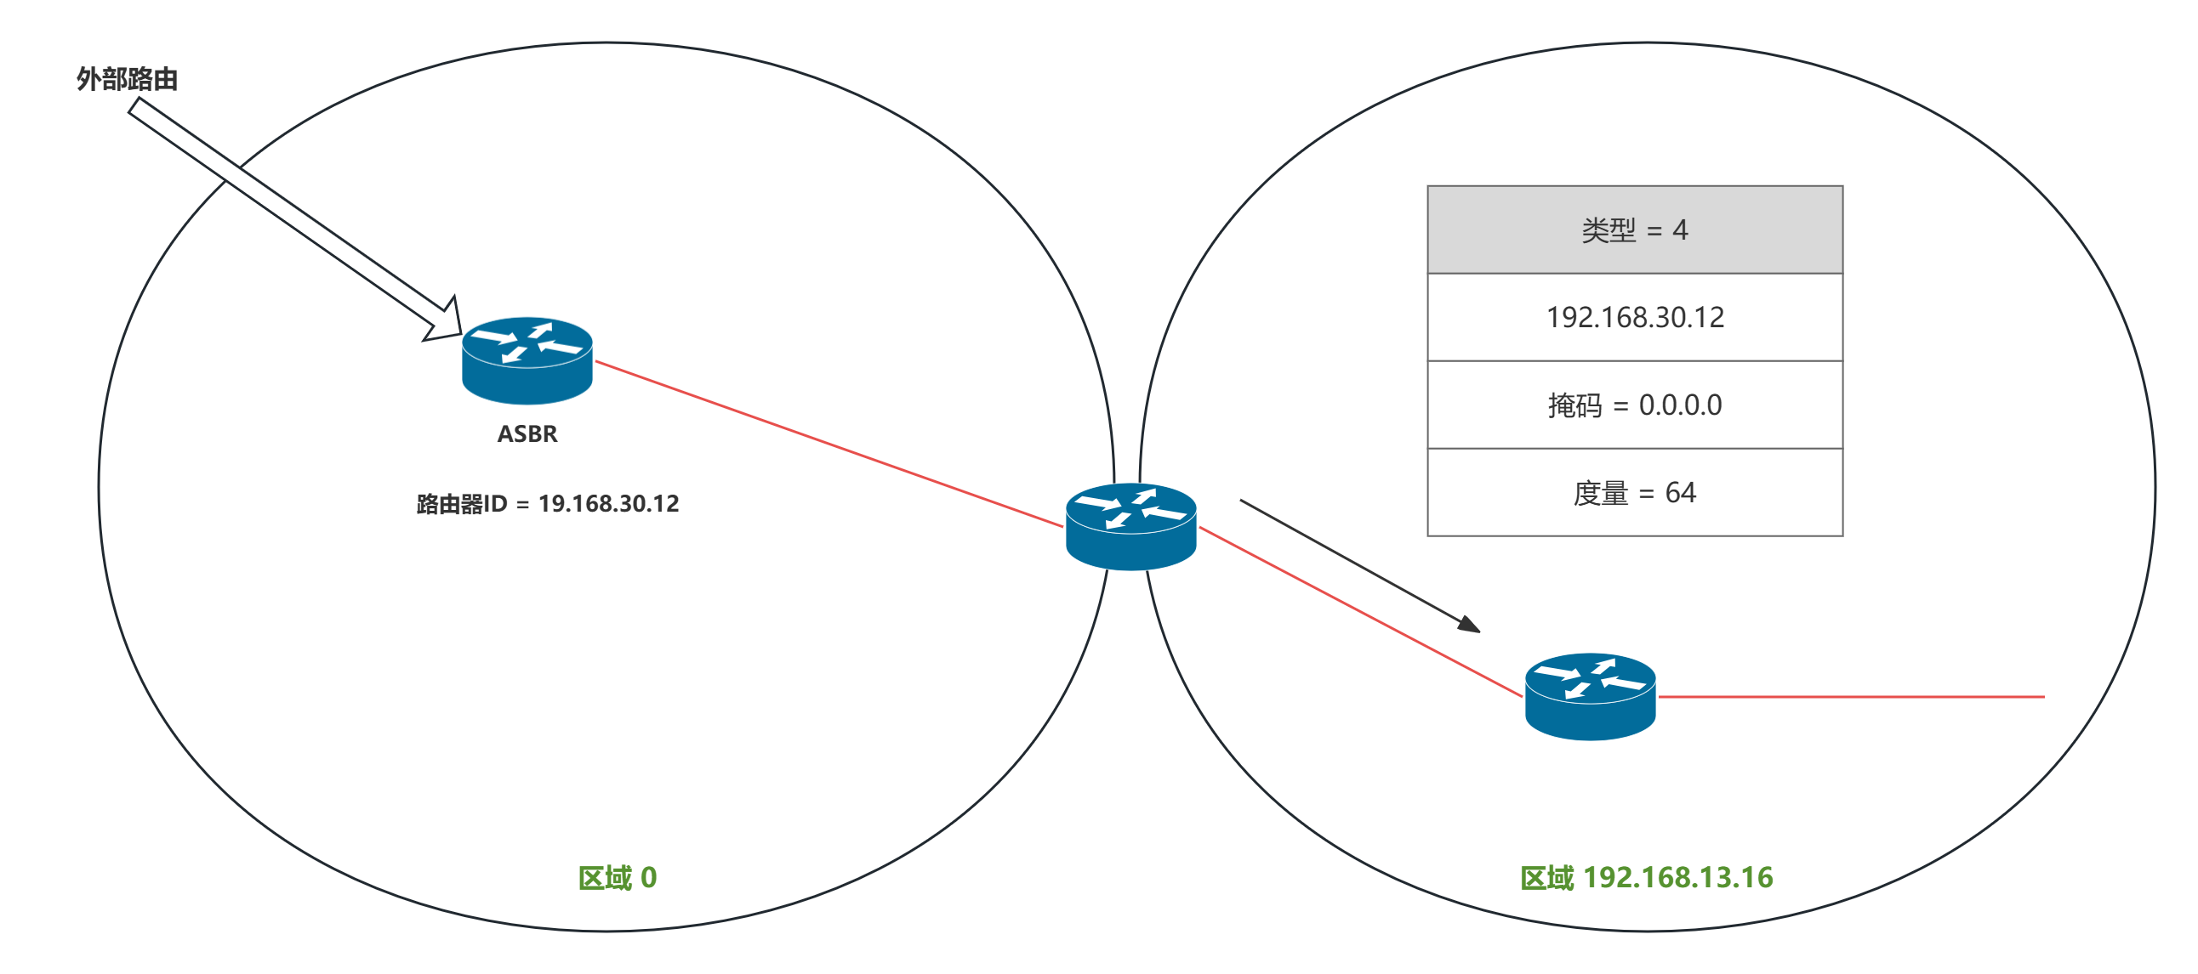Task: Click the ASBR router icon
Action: coord(527,360)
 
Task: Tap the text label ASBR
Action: coord(527,434)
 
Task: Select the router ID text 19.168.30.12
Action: coord(608,504)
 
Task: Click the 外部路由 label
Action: coord(126,79)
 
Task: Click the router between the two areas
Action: coord(1130,525)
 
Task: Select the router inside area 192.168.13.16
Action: coord(1590,696)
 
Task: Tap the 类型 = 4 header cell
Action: coord(1635,230)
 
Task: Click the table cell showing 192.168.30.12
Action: coord(1635,318)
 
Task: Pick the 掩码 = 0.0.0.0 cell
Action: coord(1635,405)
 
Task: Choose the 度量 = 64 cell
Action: coord(1635,493)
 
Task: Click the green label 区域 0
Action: coord(617,878)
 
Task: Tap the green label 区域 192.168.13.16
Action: coord(1646,878)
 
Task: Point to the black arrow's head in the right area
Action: coord(1470,626)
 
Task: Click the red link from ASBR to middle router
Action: coord(828,444)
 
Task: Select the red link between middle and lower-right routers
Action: coord(1361,612)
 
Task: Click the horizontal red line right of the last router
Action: coord(1852,697)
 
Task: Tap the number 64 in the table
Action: coord(1680,493)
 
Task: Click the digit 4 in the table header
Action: coord(1680,230)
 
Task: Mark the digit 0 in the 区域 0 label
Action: coord(648,878)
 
